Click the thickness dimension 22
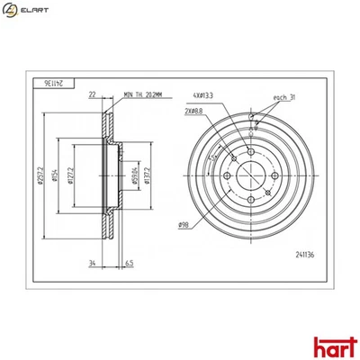click(93, 94)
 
